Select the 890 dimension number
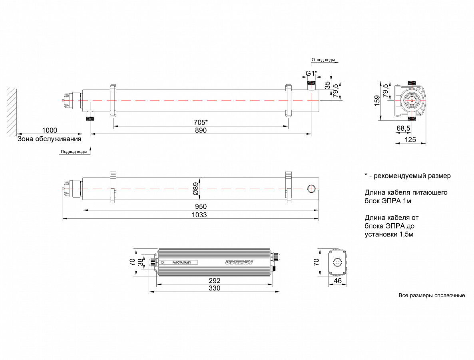pyautogui.click(x=201, y=131)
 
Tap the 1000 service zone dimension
pyautogui.click(x=49, y=130)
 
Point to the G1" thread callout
pyautogui.click(x=312, y=73)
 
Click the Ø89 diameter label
pyautogui.click(x=195, y=188)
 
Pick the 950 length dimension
pyautogui.click(x=201, y=206)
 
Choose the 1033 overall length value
pyautogui.click(x=201, y=215)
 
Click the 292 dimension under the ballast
pyautogui.click(x=215, y=281)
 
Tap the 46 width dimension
pyautogui.click(x=338, y=282)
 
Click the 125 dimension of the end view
pyautogui.click(x=410, y=140)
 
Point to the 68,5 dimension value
pyautogui.click(x=403, y=128)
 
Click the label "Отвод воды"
pyautogui.click(x=323, y=60)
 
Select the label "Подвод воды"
pyautogui.click(x=73, y=152)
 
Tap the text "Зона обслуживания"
pyautogui.click(x=49, y=139)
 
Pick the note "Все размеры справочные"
pyautogui.click(x=432, y=296)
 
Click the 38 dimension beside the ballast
pyautogui.click(x=140, y=262)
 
